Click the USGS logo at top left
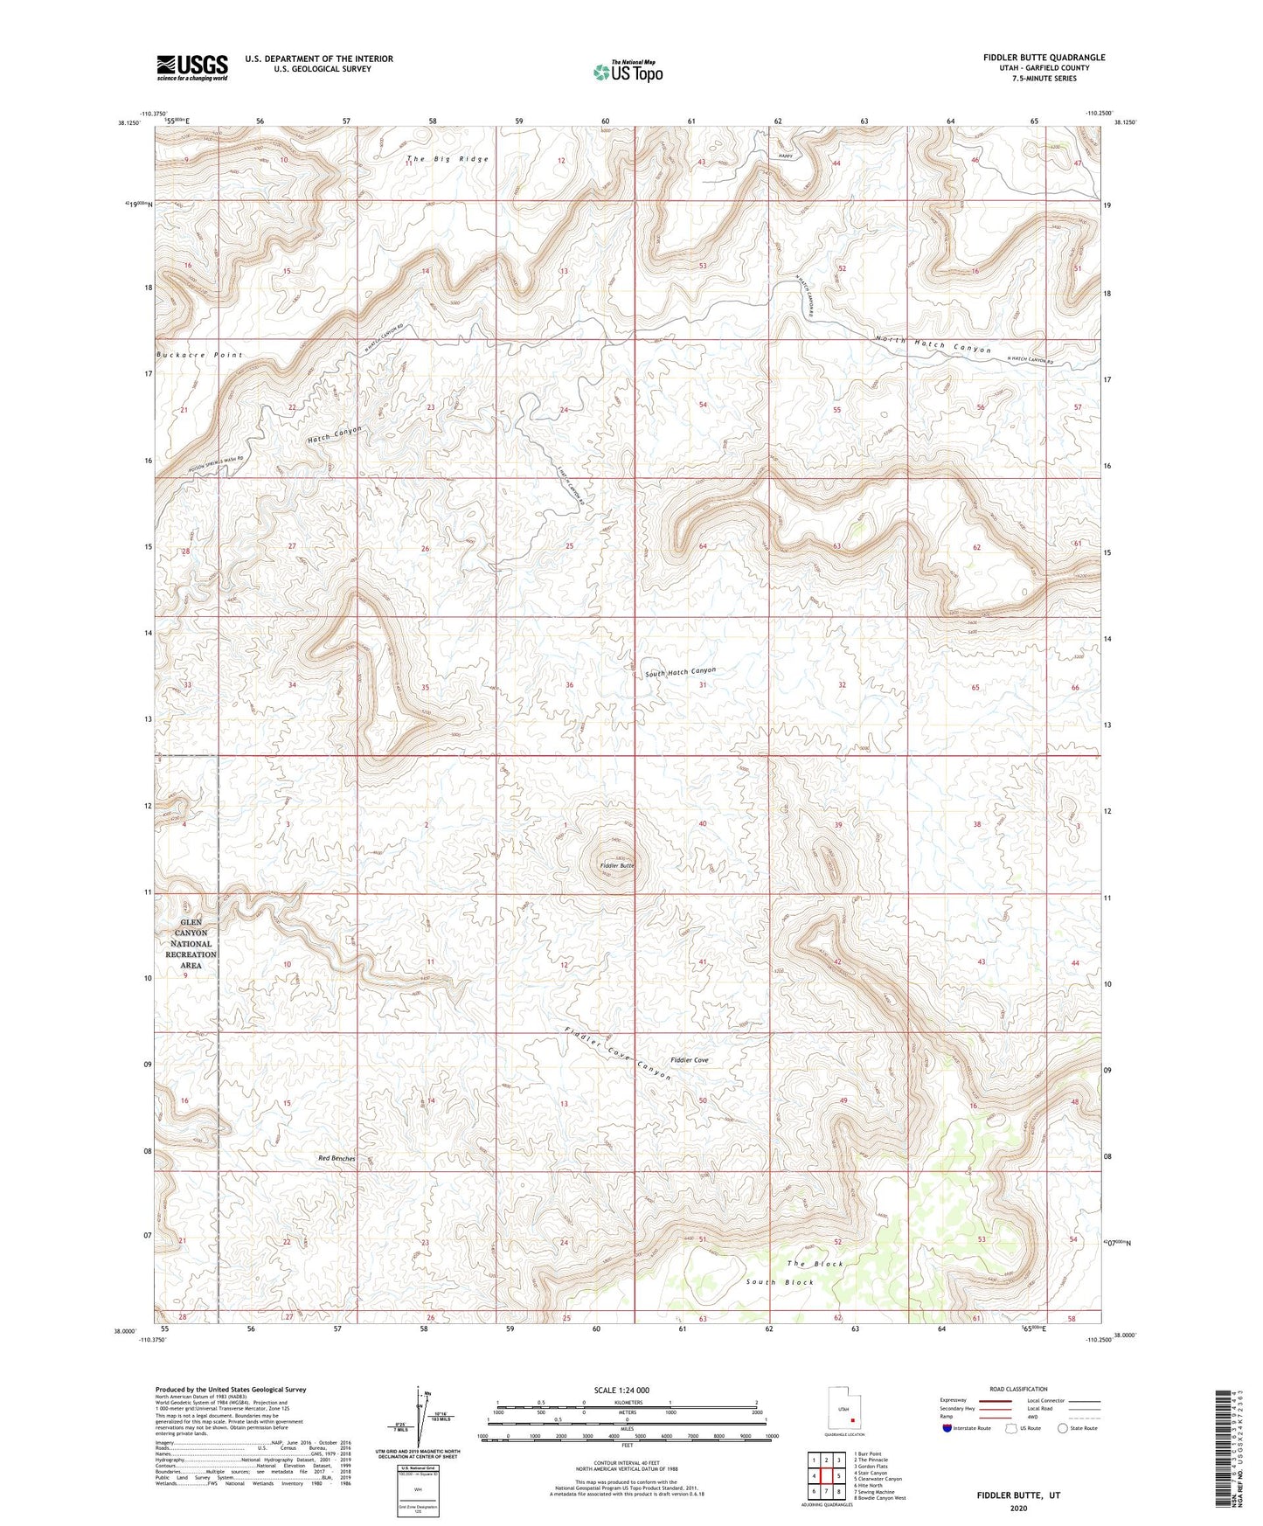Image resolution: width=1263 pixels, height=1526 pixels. coord(192,66)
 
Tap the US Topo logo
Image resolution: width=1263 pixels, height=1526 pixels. coord(628,72)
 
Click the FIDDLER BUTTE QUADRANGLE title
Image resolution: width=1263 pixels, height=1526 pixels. coord(1043,58)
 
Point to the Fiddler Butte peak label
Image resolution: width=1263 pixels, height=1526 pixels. coord(616,865)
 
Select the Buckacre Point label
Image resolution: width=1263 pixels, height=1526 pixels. coord(199,355)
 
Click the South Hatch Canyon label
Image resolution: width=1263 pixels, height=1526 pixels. coord(680,672)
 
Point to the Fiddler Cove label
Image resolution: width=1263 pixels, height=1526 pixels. coord(689,1060)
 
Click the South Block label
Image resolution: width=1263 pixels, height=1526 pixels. coord(780,1282)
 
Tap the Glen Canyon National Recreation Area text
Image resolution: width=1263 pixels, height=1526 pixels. coord(191,944)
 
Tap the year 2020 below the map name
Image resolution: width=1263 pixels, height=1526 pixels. coord(1017,1509)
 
